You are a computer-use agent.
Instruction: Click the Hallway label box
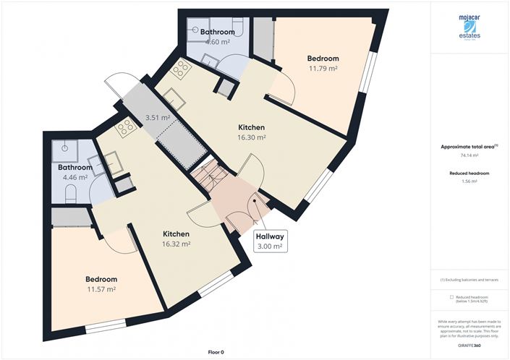click(268, 241)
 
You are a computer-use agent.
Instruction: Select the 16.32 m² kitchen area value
click(176, 244)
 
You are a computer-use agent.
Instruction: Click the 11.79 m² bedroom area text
click(323, 69)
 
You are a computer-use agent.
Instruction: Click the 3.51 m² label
click(157, 117)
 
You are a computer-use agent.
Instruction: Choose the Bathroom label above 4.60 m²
click(218, 33)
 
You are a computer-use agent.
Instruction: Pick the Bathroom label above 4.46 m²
click(73, 168)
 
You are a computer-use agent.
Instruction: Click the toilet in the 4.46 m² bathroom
click(71, 194)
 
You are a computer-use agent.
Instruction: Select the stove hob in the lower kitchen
click(125, 128)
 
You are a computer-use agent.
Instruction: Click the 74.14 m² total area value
click(469, 155)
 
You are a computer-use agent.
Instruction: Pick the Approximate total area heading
click(468, 146)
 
